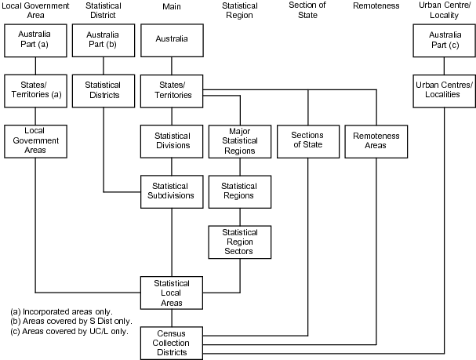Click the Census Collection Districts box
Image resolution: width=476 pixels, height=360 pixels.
point(172,342)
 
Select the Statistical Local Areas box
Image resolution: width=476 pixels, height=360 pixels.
point(172,293)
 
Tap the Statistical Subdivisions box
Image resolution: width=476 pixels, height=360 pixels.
point(172,191)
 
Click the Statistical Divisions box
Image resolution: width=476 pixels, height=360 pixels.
point(172,140)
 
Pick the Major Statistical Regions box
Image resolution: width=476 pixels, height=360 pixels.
point(239,140)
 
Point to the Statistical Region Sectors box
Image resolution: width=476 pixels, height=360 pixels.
point(239,242)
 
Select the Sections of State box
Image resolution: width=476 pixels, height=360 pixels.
point(307,140)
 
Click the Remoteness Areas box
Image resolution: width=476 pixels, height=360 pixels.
point(376,140)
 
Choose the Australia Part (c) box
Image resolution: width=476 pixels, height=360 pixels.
point(444,40)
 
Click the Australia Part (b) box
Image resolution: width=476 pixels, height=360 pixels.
point(104,40)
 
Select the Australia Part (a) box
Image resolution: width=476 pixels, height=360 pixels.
point(35,40)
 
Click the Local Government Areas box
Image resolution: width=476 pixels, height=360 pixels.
point(35,140)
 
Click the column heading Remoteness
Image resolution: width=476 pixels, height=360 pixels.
point(376,6)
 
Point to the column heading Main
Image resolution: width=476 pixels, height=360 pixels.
point(172,6)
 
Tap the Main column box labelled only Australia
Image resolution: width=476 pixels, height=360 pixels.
point(172,40)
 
